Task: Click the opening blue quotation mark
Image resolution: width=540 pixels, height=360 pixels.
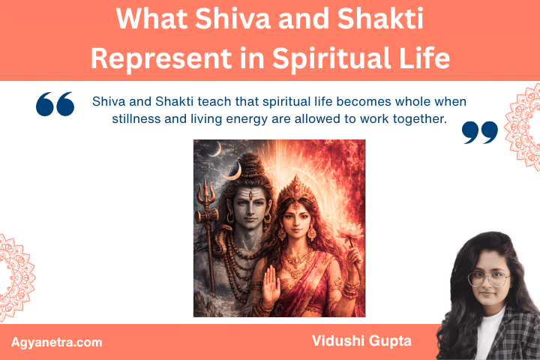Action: [x=55, y=104]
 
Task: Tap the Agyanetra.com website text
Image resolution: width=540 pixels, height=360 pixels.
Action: [x=57, y=342]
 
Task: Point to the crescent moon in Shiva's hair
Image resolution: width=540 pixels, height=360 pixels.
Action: [x=234, y=170]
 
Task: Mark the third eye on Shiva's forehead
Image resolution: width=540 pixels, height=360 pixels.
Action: [x=249, y=193]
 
